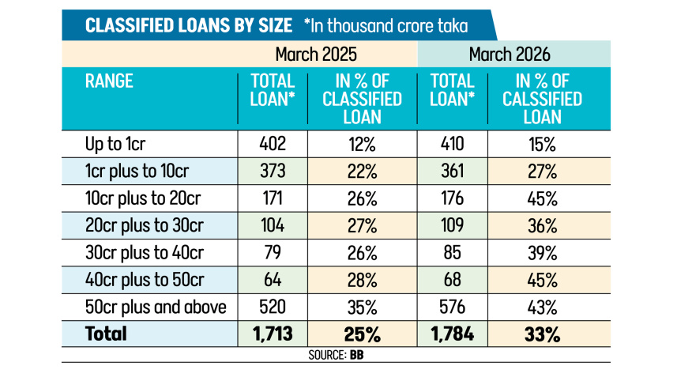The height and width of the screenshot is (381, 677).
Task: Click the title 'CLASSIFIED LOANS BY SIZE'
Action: pyautogui.click(x=189, y=25)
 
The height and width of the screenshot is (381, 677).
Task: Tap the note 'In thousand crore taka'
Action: pyautogui.click(x=389, y=25)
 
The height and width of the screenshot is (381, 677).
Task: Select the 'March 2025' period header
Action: pyautogui.click(x=316, y=55)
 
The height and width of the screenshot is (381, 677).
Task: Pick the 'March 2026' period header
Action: pyautogui.click(x=510, y=55)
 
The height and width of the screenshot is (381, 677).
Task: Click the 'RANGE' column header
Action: pyautogui.click(x=109, y=81)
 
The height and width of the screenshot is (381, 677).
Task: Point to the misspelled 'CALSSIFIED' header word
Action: pyautogui.click(x=542, y=99)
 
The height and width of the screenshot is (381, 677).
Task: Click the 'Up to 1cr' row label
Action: pyautogui.click(x=115, y=144)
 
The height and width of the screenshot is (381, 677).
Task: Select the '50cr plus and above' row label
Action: pyautogui.click(x=156, y=307)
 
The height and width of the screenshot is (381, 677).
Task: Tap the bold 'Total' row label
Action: pyautogui.click(x=106, y=334)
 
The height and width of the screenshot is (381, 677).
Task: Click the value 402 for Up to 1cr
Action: pyautogui.click(x=273, y=144)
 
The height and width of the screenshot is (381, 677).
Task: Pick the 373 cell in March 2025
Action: pyautogui.click(x=273, y=171)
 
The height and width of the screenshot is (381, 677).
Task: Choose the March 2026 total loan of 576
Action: pyautogui.click(x=452, y=307)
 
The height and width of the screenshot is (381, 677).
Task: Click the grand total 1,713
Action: pyautogui.click(x=273, y=334)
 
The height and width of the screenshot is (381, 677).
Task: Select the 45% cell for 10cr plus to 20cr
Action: pyautogui.click(x=542, y=198)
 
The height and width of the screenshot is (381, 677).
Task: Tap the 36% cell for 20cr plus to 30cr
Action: pyautogui.click(x=542, y=226)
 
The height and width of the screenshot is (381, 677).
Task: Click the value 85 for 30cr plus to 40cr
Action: pyautogui.click(x=452, y=253)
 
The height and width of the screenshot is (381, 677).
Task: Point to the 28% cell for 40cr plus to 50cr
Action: pyautogui.click(x=363, y=281)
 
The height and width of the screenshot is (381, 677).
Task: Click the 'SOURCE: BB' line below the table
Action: pyautogui.click(x=336, y=355)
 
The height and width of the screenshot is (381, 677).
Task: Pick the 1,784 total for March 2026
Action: pyautogui.click(x=452, y=334)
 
